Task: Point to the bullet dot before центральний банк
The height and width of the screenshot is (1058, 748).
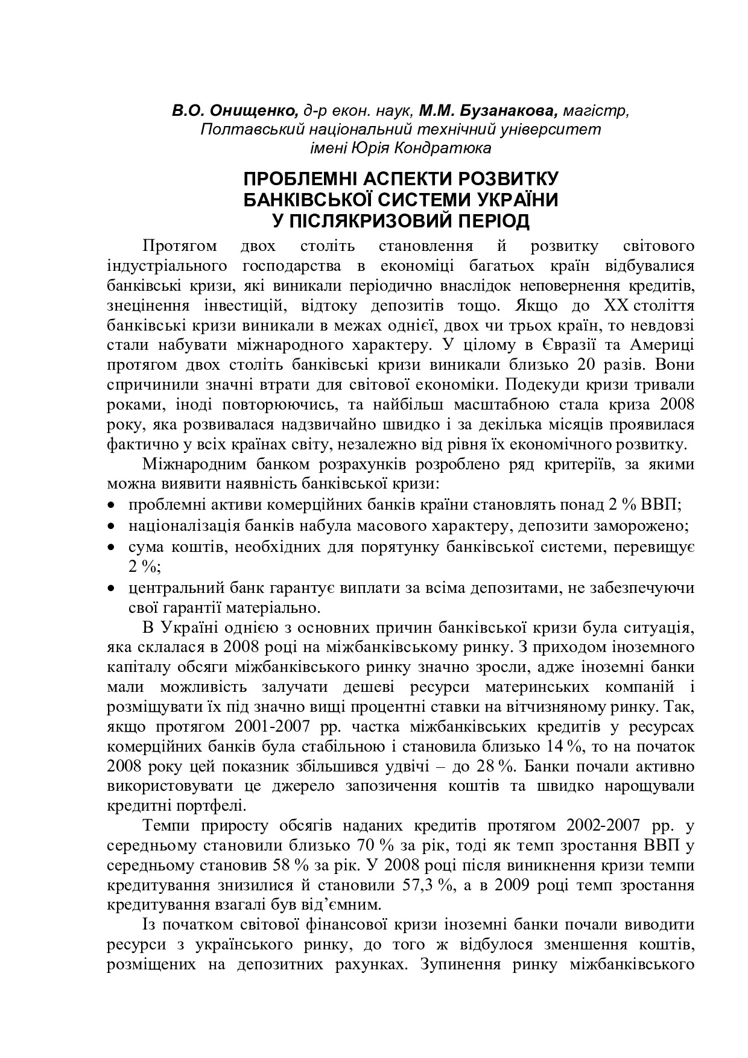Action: pos(111,588)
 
